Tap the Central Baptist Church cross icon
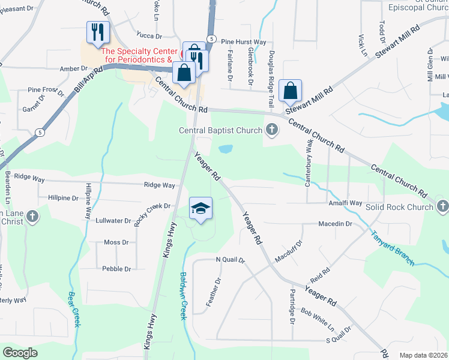(x=272, y=129)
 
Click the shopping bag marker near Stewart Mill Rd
(x=291, y=91)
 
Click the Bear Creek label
(x=74, y=310)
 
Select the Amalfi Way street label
(x=345, y=203)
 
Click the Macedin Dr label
(x=335, y=224)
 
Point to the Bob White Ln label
(x=317, y=320)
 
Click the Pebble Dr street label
(x=116, y=269)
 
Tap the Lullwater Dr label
(x=113, y=221)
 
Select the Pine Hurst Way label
(x=243, y=42)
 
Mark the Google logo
(x=20, y=353)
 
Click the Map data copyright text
(x=423, y=355)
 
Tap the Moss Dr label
(x=116, y=242)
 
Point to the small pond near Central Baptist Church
(x=226, y=148)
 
